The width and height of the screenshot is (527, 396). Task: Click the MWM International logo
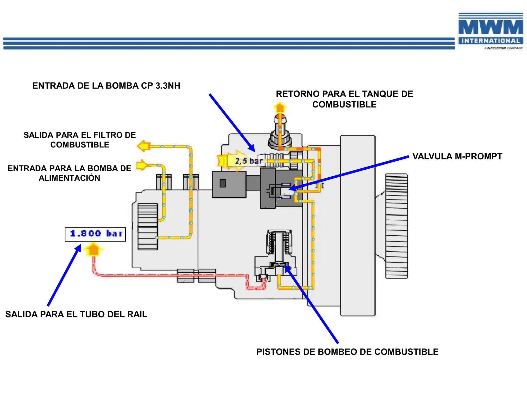[490, 31]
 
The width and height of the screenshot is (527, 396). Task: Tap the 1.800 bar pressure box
[95, 234]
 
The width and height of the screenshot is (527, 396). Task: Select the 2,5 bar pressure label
[248, 161]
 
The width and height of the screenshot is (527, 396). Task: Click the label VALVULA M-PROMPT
[457, 156]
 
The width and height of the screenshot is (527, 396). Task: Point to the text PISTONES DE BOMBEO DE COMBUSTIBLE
[347, 352]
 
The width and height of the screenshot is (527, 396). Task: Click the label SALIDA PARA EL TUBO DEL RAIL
[76, 314]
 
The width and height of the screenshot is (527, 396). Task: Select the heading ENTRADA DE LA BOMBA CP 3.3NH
[106, 86]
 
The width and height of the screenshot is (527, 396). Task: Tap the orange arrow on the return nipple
[280, 107]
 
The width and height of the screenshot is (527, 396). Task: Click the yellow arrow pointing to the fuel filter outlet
[144, 146]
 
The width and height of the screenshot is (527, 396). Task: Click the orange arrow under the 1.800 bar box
[93, 250]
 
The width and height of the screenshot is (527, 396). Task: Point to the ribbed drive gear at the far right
[396, 226]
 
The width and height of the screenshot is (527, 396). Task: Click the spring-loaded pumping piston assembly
[279, 247]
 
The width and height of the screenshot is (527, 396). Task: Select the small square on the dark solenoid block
[223, 183]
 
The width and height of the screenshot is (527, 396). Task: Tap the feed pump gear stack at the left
[147, 226]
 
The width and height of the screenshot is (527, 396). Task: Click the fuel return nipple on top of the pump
[280, 134]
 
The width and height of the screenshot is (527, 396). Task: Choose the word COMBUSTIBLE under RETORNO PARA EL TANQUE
[344, 104]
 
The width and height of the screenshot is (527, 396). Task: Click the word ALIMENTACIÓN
[69, 178]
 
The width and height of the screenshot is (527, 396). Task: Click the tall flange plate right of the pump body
[358, 226]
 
